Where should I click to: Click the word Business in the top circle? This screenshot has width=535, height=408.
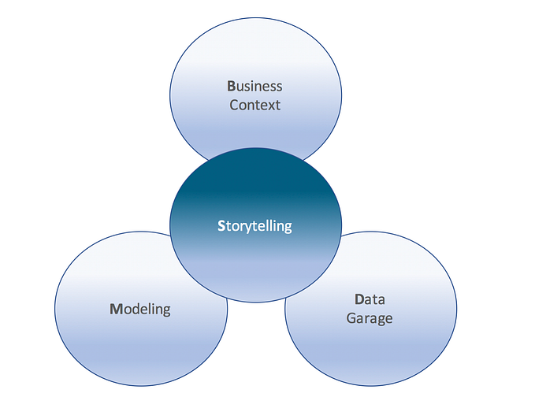pos(254,87)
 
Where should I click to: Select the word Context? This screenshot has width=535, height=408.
pos(254,105)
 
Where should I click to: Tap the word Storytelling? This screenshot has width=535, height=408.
pos(254,226)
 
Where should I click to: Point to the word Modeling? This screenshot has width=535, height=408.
pos(139,309)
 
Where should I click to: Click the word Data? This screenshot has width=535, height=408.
pos(369,300)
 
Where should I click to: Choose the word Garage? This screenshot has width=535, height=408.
pos(369,318)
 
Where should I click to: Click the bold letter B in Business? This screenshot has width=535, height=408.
pos(232,87)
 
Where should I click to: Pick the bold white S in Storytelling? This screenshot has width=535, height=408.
pos(221,226)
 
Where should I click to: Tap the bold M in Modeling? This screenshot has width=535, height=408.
pos(114,309)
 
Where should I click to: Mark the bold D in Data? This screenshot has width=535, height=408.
pos(359,300)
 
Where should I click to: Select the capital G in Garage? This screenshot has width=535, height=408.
pos(351,318)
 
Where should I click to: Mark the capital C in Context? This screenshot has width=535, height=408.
pos(234,105)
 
